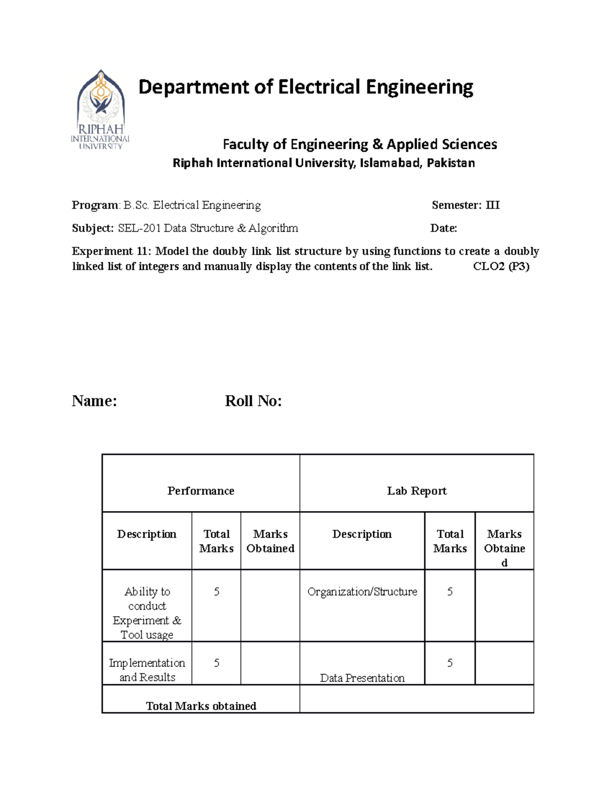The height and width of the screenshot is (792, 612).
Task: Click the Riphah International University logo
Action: coord(100,110)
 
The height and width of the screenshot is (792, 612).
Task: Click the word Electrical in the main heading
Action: coord(319,87)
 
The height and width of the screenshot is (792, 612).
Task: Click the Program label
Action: coord(95,205)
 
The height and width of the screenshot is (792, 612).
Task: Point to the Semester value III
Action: coord(493,205)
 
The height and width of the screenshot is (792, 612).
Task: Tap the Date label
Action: coord(443,228)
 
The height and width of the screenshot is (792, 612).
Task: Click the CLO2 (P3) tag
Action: coord(501,266)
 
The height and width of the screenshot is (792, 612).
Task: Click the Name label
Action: coord(94,401)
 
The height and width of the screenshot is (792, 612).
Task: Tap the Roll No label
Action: coord(253,401)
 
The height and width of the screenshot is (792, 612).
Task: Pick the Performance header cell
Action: coord(200,491)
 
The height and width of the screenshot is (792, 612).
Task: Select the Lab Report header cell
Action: coord(417,491)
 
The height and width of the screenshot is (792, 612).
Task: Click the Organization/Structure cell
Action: coord(362,592)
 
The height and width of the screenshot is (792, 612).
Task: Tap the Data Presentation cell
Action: coord(362,678)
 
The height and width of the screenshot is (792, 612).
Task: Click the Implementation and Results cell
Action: coord(147,670)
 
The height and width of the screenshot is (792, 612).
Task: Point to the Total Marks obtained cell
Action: coord(201,706)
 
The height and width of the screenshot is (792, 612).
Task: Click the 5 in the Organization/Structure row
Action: coord(450,592)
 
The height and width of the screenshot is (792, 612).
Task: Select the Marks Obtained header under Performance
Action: coord(270,541)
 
